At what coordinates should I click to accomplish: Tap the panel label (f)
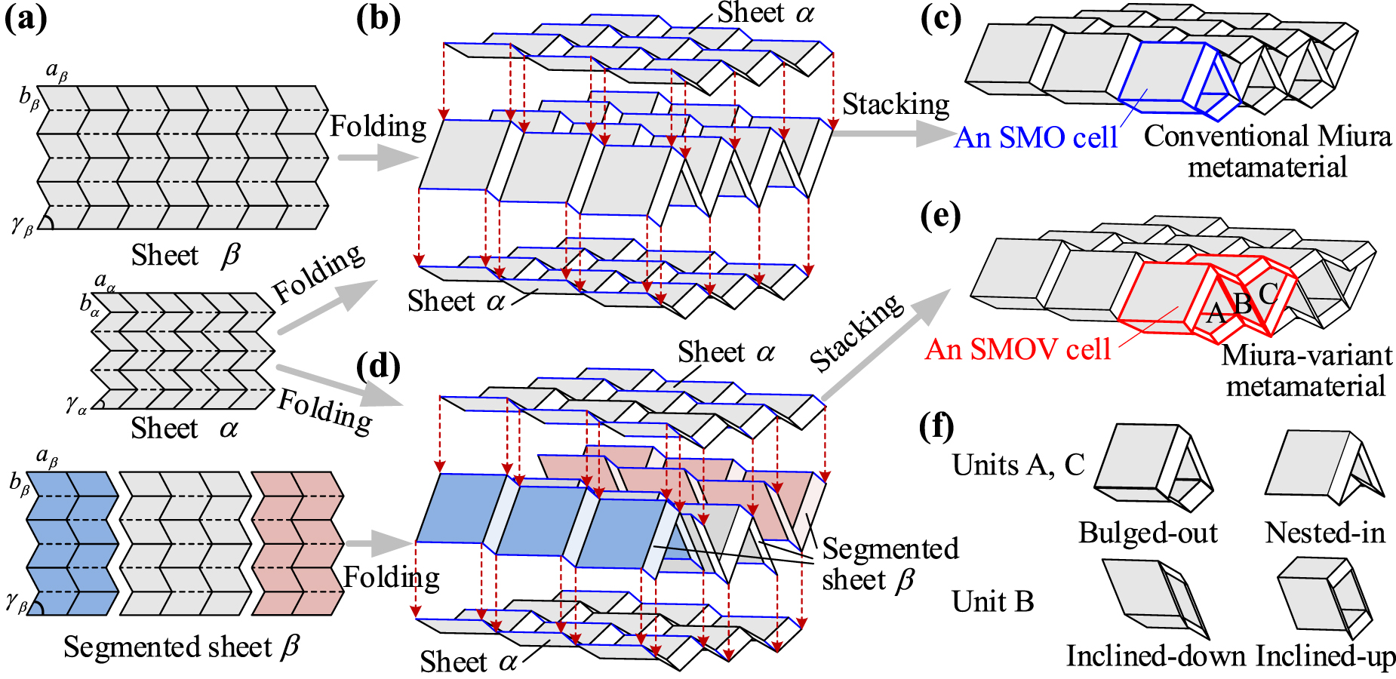pos(937,427)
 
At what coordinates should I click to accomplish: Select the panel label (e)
pos(940,217)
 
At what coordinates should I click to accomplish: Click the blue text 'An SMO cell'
pos(1035,137)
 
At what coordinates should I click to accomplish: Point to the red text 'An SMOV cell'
pos(1018,349)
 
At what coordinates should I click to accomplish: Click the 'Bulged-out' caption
pos(1148,533)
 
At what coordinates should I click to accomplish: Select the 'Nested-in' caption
pos(1325,533)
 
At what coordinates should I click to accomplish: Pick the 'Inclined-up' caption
pos(1326,656)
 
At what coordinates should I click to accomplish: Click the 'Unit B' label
pos(992,601)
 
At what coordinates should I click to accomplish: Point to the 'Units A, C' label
pos(1018,465)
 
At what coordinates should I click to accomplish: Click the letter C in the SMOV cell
pos(1268,293)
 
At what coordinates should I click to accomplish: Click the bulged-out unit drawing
pos(1153,471)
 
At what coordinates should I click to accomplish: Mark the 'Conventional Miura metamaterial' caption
pos(1268,151)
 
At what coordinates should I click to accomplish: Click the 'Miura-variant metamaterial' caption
pos(1306,370)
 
